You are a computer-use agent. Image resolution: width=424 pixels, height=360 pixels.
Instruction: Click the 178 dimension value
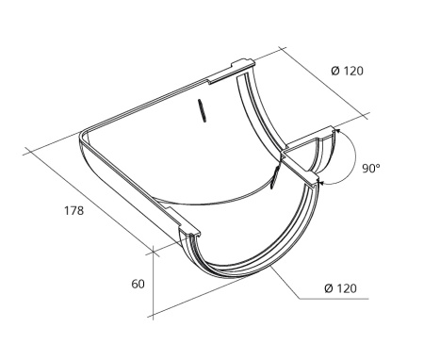tap(74, 210)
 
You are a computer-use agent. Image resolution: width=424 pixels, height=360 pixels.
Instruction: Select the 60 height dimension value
tap(138, 284)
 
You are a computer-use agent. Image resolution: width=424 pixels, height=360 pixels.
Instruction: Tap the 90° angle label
tap(371, 169)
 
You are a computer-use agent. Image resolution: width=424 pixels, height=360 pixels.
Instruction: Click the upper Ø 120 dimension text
tap(347, 71)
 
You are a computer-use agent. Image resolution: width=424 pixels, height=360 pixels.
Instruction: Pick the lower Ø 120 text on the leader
tap(341, 288)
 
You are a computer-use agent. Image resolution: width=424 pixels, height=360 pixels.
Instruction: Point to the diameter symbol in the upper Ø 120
tap(335, 71)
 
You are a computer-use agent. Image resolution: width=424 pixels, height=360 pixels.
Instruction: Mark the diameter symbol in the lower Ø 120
tap(329, 288)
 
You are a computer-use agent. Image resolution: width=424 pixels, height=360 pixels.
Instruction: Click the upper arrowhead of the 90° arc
tap(336, 130)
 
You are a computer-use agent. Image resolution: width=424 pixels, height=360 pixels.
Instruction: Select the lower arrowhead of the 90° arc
tap(321, 182)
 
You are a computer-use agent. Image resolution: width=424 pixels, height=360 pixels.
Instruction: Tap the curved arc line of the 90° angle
tap(354, 156)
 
